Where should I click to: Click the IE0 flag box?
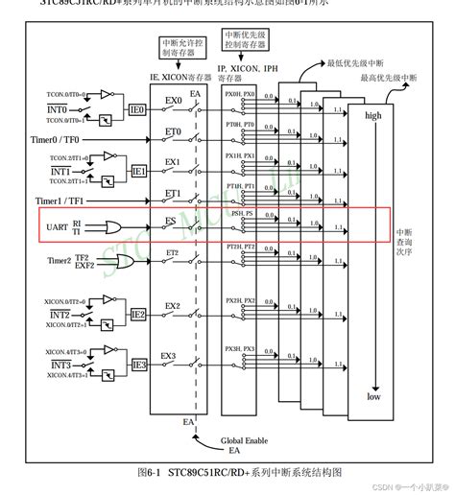tap(138, 111)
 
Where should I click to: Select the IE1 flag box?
tap(138, 172)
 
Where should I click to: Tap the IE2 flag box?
tap(138, 314)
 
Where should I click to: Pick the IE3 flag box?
tap(138, 365)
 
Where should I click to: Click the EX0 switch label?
tap(173, 99)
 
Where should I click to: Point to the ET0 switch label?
tap(173, 131)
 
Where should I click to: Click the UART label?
tap(56, 226)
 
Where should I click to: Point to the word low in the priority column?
tap(372, 396)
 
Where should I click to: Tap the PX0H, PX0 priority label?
tap(241, 95)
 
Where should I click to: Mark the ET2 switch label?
tap(172, 252)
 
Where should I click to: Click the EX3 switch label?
tap(169, 356)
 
